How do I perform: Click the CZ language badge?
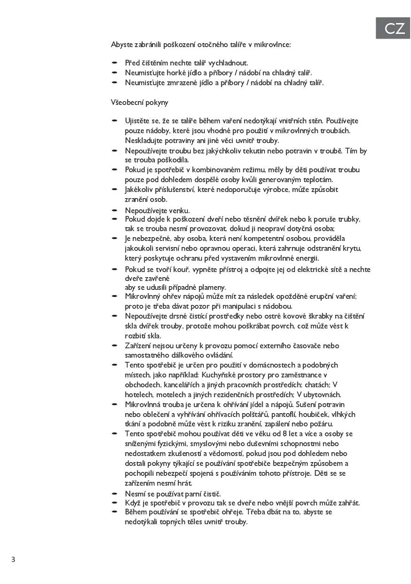coord(393,28)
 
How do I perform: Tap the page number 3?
coord(13,560)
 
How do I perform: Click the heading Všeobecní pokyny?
coord(140,102)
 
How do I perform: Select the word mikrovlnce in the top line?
coord(273,45)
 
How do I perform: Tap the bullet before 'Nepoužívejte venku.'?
coord(114,210)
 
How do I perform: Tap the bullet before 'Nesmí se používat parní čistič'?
coord(114,493)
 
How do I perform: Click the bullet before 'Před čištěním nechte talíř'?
coord(114,63)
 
